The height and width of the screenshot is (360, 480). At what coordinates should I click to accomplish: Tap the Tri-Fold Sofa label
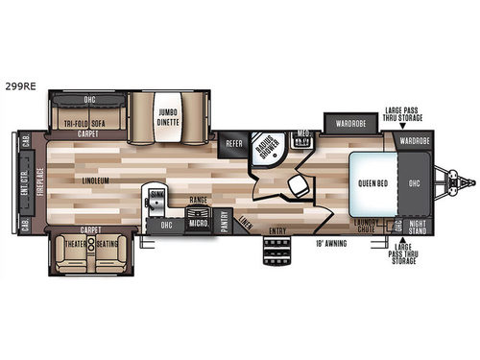(83, 124)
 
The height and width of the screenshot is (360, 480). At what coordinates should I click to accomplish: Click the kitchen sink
(156, 200)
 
